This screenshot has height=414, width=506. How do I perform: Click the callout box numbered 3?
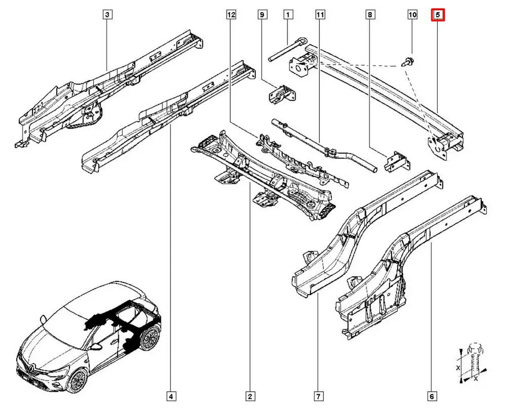107,15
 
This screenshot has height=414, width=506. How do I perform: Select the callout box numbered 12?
231,15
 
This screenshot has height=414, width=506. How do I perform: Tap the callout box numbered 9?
262,15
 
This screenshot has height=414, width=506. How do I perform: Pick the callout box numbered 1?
288,15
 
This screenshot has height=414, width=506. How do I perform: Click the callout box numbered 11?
319,15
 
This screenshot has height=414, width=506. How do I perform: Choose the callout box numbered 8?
370,15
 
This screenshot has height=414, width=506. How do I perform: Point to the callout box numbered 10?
412,15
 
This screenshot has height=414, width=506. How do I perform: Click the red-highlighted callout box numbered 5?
437,15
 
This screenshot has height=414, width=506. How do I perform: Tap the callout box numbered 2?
249,396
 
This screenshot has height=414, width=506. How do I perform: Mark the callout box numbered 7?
319,396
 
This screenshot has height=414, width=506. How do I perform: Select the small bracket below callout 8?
396,162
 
